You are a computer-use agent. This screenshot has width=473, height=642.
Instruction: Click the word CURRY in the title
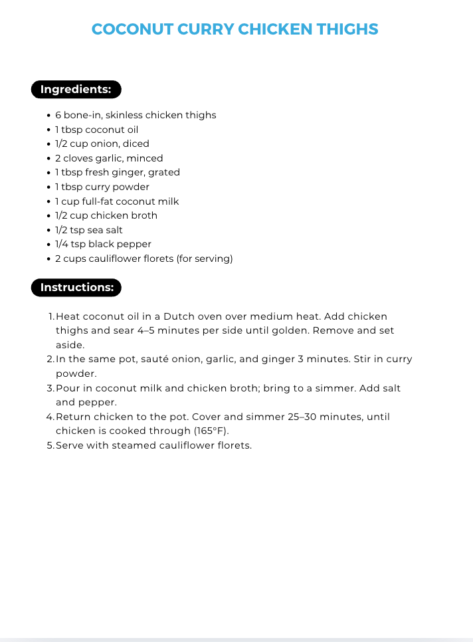205,29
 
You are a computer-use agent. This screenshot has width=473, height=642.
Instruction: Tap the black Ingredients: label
76,89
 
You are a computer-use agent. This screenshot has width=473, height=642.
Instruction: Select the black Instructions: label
76,287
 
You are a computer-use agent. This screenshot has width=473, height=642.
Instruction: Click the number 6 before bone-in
58,115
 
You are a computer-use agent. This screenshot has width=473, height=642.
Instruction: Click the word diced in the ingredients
138,144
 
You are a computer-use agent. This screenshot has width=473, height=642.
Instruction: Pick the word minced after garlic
147,158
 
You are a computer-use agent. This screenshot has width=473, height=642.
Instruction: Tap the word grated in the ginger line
164,172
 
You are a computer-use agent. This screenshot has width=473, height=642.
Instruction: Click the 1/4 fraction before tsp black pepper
62,244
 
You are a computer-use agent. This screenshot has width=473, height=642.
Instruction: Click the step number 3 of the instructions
50,388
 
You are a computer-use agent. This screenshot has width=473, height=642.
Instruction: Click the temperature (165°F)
212,431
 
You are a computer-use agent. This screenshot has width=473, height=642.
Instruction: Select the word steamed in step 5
128,445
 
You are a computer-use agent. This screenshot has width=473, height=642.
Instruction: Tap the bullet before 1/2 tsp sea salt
49,230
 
